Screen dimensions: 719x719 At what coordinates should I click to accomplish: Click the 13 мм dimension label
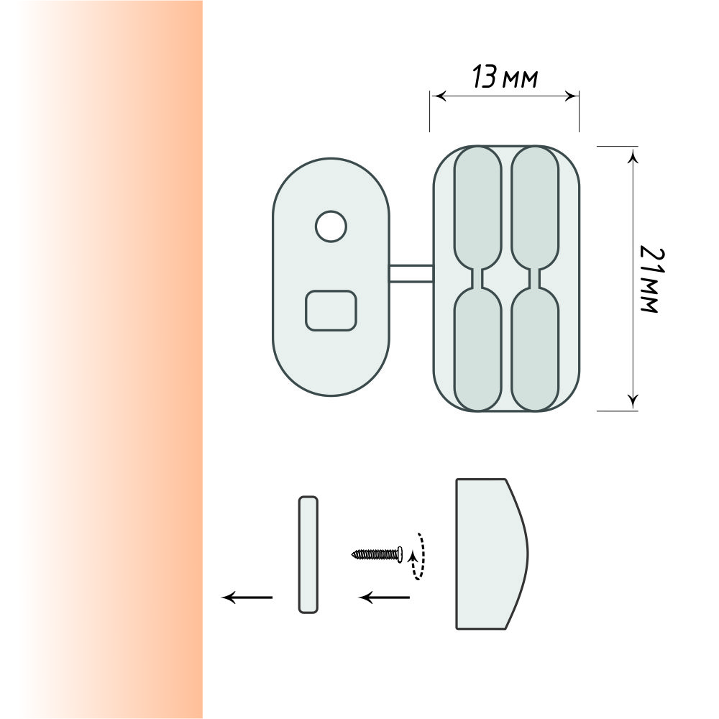(505, 77)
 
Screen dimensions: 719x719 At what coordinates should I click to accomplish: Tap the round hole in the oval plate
(331, 226)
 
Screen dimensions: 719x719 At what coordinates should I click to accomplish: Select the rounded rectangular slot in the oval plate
(331, 311)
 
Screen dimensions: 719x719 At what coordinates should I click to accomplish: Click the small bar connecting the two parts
(411, 273)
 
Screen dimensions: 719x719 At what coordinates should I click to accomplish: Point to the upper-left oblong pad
(478, 207)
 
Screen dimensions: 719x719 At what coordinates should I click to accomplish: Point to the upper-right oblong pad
(535, 207)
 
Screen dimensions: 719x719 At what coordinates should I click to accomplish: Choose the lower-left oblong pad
(478, 349)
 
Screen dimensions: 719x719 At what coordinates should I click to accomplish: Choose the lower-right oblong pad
(535, 349)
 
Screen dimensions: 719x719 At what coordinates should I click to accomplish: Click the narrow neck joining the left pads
(478, 278)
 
